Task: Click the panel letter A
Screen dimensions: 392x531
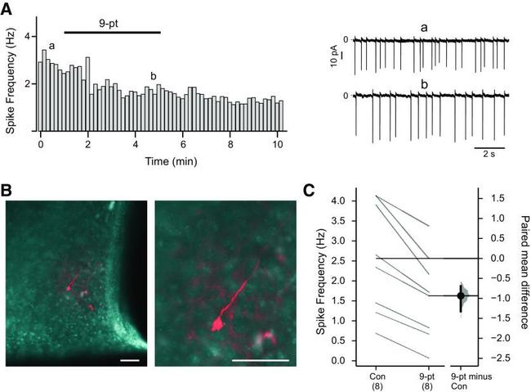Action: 8,8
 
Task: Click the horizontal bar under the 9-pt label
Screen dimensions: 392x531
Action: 112,33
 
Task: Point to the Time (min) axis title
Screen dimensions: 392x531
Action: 162,161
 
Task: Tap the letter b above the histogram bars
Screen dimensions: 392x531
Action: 153,78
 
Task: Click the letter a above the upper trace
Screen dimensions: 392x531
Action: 424,28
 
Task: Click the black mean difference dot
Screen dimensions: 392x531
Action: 461,295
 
